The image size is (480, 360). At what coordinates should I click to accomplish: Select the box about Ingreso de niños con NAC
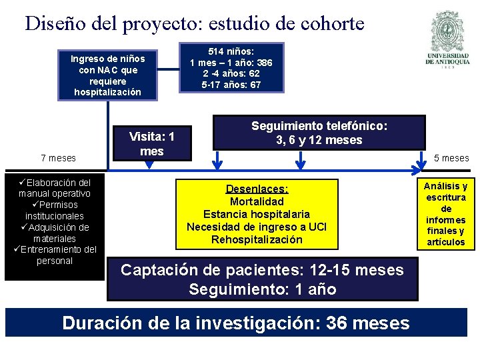point(108,75)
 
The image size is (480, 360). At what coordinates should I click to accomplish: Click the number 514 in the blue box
point(218,51)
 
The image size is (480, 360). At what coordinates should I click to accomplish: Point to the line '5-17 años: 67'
point(231,85)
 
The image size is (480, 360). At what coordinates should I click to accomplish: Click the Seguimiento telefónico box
point(319,133)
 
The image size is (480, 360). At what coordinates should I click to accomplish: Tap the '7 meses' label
point(58,158)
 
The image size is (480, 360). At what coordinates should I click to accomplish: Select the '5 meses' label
point(451,158)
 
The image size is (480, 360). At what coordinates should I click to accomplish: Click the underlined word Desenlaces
point(257,189)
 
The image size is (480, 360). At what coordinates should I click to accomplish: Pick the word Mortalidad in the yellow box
point(257,201)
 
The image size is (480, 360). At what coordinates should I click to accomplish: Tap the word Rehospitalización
point(257,239)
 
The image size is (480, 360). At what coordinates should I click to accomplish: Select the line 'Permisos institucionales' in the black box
point(55,210)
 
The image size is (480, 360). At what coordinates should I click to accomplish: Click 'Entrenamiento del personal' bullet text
point(56,255)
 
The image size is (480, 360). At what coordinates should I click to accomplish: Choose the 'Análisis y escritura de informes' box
point(446,213)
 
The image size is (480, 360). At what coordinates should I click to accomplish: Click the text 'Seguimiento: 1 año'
point(262,289)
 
